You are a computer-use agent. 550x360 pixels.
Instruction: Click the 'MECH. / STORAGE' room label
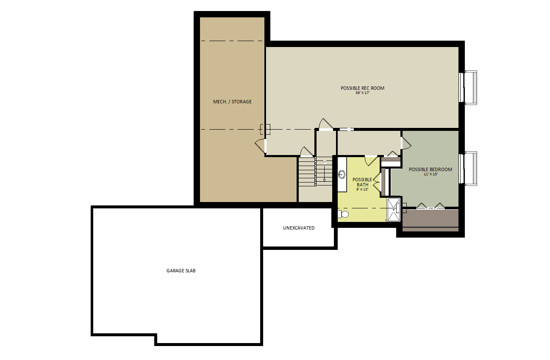[x=232, y=102]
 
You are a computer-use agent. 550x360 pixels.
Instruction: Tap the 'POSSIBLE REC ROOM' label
[x=362, y=88]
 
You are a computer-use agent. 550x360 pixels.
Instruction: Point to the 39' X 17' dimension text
[x=362, y=93]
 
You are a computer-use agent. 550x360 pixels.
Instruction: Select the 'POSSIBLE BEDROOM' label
[x=431, y=169]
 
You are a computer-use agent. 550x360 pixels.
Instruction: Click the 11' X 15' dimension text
[x=431, y=174]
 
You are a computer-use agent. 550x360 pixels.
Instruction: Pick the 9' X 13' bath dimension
[x=362, y=189]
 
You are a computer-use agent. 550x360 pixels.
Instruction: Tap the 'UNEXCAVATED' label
[x=299, y=228]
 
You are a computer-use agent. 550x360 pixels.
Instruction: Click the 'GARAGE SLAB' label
[x=181, y=271]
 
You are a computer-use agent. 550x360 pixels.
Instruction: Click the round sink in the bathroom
[x=342, y=174]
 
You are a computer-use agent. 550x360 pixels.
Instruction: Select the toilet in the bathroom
[x=343, y=214]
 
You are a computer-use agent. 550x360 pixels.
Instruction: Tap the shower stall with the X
[x=394, y=210]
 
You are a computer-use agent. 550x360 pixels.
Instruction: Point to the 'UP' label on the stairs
[x=325, y=162]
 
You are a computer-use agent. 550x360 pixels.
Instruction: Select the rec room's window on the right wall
[x=468, y=88]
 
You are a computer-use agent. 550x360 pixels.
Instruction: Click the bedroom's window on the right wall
[x=468, y=169]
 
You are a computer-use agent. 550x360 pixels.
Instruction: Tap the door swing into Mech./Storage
[x=260, y=147]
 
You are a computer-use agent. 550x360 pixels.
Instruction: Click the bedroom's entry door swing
[x=406, y=143]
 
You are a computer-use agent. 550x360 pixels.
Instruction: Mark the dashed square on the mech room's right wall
[x=265, y=129]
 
